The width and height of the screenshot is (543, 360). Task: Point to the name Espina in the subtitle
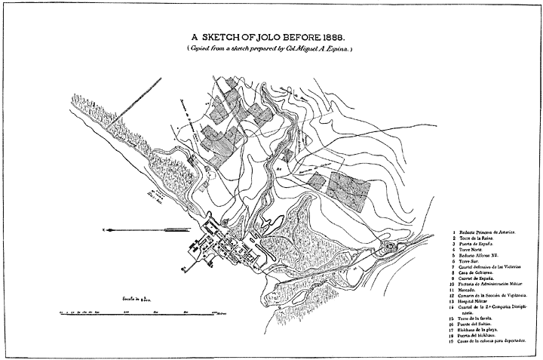point(337,48)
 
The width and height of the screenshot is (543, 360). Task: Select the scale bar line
point(143,311)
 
